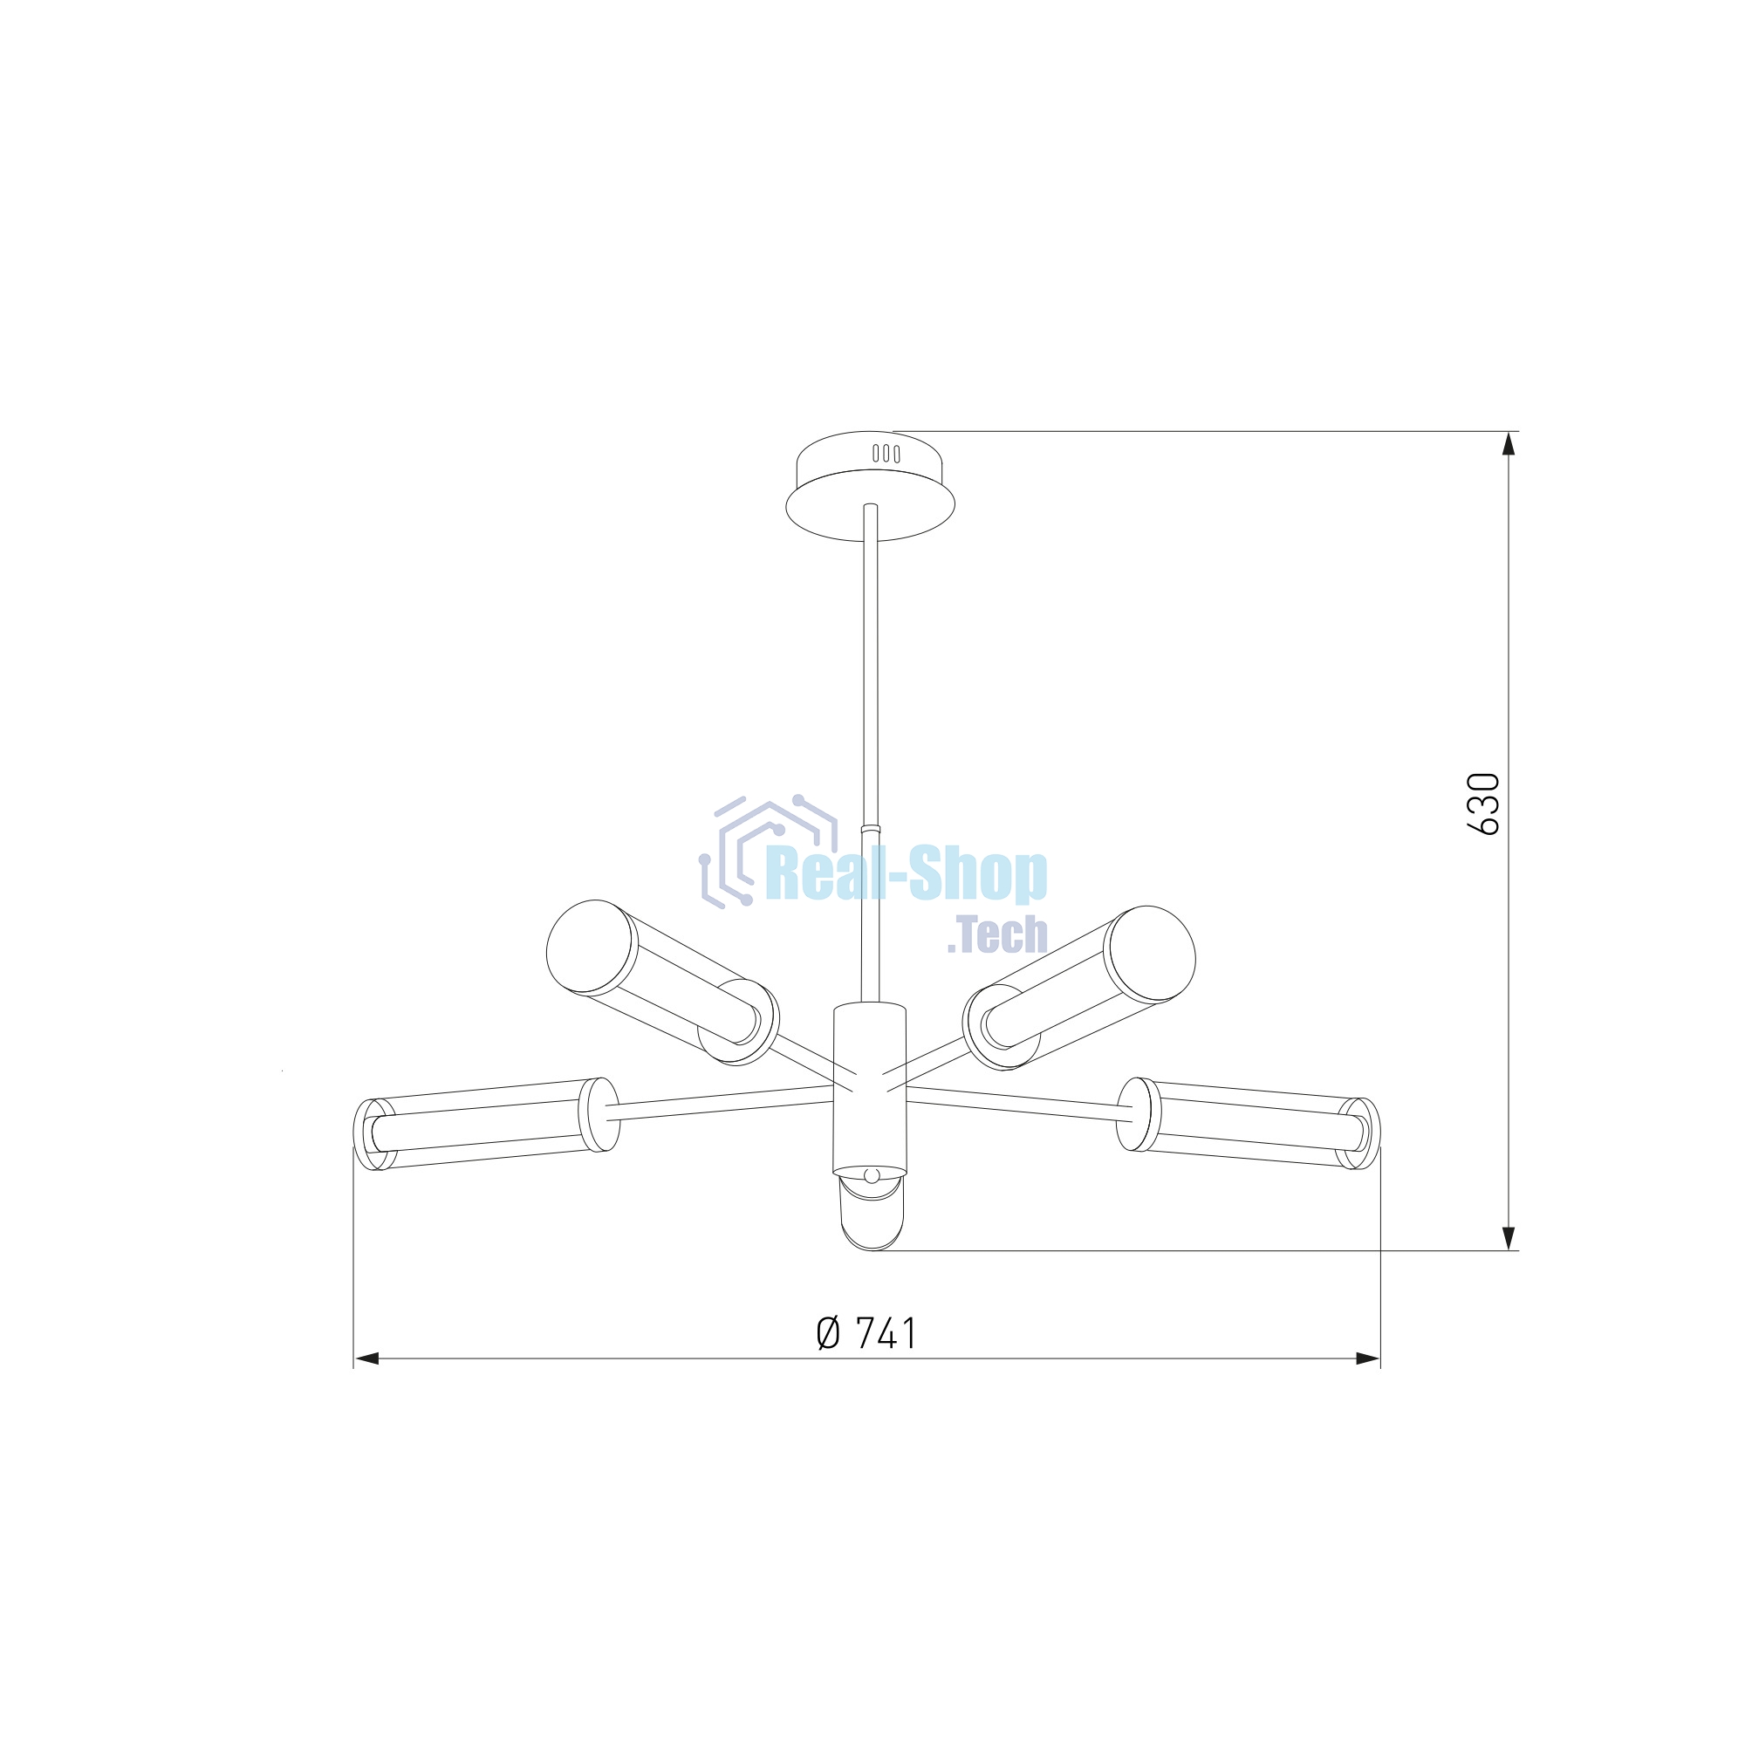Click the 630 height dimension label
1484,804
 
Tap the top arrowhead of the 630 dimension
1508,444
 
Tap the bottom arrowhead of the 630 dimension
1508,1237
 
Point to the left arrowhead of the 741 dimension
366,1358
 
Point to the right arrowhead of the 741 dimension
1367,1358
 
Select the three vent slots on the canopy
885,454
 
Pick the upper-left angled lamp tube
662,982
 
